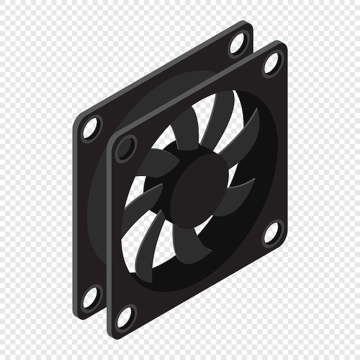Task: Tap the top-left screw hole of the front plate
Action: click(x=125, y=149)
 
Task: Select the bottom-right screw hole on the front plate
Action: click(x=272, y=233)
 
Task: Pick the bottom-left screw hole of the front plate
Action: click(x=125, y=317)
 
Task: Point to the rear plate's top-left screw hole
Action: click(x=91, y=128)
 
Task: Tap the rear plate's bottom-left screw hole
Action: click(x=90, y=297)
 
